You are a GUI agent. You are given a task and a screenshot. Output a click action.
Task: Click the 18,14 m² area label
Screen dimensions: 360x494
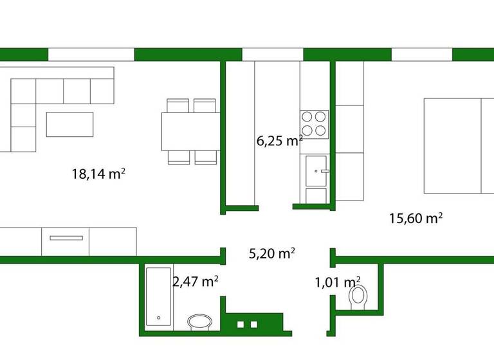point(98,174)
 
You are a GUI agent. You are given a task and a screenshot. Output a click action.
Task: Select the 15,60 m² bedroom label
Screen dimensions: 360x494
point(416,218)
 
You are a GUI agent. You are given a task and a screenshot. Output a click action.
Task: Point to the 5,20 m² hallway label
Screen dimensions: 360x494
point(271,253)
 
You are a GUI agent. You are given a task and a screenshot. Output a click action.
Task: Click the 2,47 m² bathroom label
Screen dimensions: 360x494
point(195,281)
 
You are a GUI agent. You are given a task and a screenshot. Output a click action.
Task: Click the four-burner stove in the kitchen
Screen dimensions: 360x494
point(314,123)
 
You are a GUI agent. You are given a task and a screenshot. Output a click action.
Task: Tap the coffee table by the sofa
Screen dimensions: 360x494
point(69,124)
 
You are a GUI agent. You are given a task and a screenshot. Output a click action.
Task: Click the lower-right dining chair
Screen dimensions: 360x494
point(205,157)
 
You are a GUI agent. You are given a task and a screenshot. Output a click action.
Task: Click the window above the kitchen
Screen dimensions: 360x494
point(272,54)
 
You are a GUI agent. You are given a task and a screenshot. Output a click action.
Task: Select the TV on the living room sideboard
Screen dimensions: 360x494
point(66,237)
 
